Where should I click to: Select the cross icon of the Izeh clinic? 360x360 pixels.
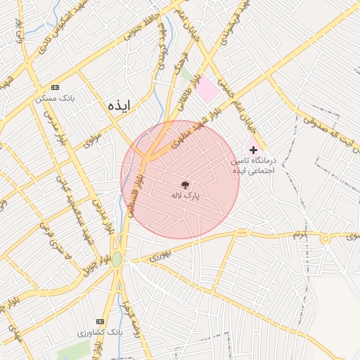click(x=253, y=150)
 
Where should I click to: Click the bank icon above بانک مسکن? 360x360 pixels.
click(x=56, y=87)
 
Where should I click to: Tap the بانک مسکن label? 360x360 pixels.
click(x=56, y=98)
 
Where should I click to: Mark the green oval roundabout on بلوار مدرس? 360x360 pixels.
click(x=117, y=259)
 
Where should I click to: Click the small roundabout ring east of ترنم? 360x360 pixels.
click(x=325, y=239)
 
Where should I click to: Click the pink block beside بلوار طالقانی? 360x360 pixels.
click(x=207, y=91)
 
